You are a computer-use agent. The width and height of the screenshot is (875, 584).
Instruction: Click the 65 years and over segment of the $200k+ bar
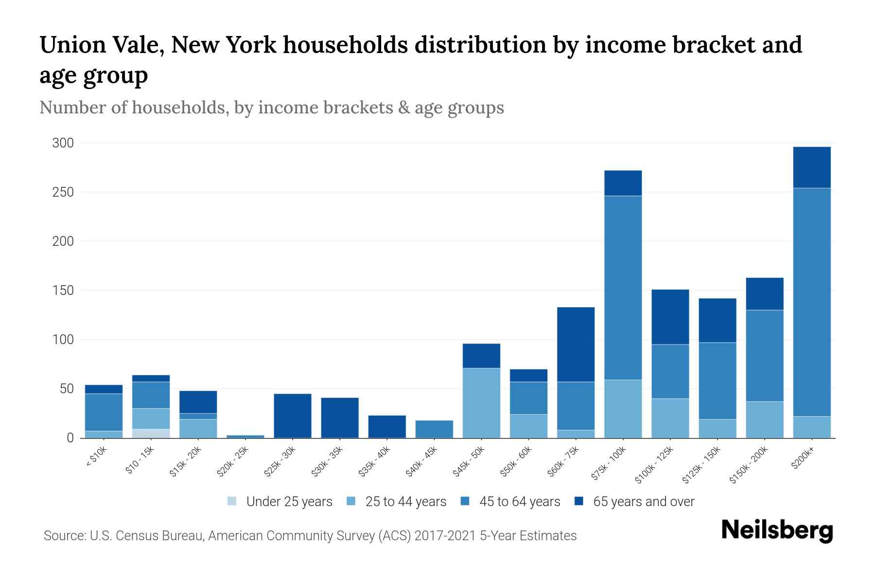tap(811, 167)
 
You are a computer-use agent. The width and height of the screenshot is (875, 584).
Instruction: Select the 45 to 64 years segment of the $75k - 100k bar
tap(623, 287)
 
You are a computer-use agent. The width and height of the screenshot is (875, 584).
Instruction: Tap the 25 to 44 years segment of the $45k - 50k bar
tap(481, 403)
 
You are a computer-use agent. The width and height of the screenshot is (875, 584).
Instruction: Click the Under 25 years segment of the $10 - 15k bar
tap(151, 433)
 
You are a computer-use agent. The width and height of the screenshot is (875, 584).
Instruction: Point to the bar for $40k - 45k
tap(434, 429)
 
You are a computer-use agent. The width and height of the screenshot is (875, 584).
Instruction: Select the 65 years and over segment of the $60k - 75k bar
tap(576, 344)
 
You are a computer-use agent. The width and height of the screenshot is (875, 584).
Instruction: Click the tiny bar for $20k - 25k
tap(245, 436)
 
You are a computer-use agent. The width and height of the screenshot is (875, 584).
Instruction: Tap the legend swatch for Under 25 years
tap(232, 501)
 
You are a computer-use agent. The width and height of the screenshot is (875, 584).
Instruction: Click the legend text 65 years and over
tap(644, 501)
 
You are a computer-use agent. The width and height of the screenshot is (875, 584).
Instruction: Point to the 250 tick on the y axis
tap(63, 192)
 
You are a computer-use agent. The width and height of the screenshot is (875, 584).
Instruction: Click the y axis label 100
tap(63, 340)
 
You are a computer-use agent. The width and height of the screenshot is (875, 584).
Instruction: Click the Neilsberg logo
tap(777, 530)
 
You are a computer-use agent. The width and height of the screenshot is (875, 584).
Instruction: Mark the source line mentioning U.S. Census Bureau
tap(310, 536)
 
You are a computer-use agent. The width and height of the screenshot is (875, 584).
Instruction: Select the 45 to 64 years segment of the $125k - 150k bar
tap(717, 381)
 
